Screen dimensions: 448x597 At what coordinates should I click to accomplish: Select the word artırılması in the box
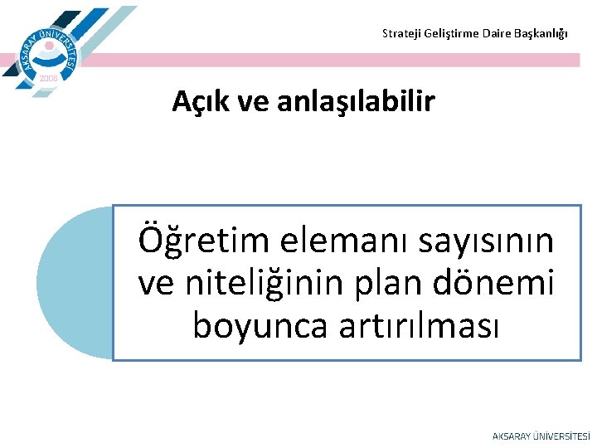click(x=420, y=325)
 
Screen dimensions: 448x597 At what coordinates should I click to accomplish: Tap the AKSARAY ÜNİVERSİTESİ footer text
click(x=541, y=436)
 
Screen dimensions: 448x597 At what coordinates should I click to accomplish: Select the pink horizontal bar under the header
click(x=332, y=60)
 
